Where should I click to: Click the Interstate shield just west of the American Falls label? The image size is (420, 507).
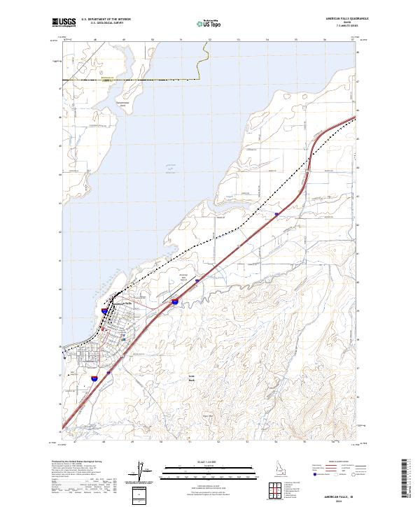pyautogui.click(x=104, y=310)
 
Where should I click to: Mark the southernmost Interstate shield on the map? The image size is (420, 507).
pyautogui.click(x=93, y=380)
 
